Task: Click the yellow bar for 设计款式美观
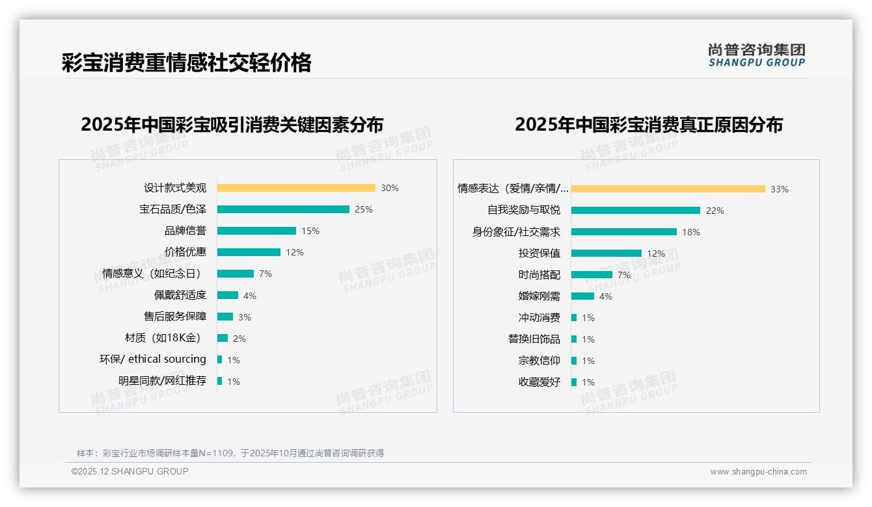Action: coord(296,188)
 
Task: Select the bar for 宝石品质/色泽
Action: coord(283,209)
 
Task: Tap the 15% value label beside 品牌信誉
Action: coord(310,231)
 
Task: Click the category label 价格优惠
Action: coord(185,252)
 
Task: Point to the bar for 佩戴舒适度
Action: coord(228,295)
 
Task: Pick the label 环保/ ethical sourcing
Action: coord(153,359)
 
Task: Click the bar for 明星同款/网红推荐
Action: coord(220,381)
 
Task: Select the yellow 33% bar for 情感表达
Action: coord(668,189)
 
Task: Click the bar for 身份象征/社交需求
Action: coord(624,231)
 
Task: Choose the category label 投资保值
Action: coord(539,253)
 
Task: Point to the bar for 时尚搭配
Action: coord(592,275)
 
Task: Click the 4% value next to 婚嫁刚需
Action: coord(605,296)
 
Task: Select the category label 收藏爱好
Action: coord(539,382)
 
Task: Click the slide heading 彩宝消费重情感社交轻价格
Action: coord(187,62)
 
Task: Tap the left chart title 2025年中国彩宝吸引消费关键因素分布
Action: coord(232,124)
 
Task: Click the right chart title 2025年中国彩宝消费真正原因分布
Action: coord(649,124)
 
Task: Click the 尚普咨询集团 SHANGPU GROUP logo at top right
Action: coord(757,55)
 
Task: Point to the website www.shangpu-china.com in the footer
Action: coord(758,472)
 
